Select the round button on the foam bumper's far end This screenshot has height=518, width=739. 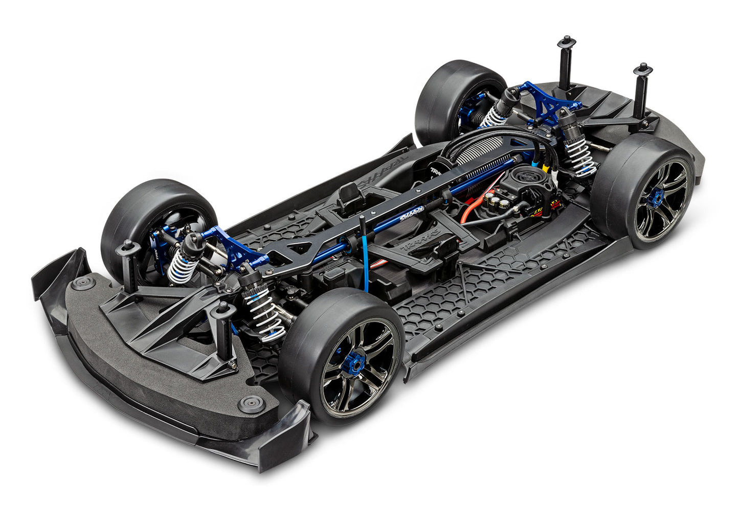[82, 283]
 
